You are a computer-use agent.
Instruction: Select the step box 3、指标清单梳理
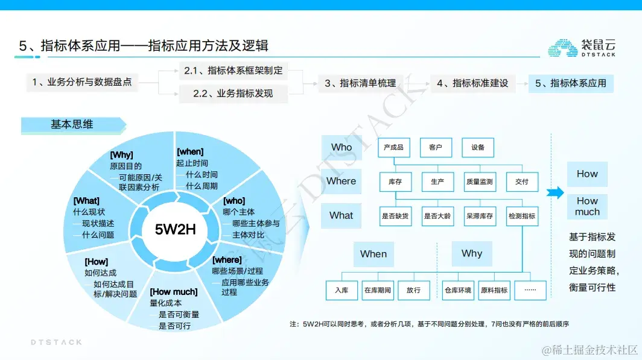coord(360,83)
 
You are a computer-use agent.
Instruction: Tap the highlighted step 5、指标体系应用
coord(570,83)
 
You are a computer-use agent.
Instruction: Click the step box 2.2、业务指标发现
coord(232,93)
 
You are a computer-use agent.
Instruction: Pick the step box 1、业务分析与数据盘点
coord(81,82)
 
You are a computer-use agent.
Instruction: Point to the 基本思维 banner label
coord(72,125)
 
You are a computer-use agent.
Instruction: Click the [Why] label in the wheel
coord(121,155)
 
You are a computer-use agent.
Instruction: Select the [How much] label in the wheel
coord(173,292)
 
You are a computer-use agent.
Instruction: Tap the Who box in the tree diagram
coord(342,147)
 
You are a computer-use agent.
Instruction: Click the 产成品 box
coord(393,147)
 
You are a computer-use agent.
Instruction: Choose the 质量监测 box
coord(480,182)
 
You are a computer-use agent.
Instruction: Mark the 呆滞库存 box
coord(480,216)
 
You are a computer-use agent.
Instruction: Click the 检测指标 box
coord(522,216)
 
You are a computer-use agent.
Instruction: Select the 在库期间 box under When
coord(378,290)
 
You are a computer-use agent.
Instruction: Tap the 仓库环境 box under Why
coord(458,290)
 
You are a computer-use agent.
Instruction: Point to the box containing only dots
coord(530,290)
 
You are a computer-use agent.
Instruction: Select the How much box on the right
coord(587,206)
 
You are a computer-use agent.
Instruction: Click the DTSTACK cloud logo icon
coord(562,48)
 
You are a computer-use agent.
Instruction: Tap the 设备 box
coord(478,147)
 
